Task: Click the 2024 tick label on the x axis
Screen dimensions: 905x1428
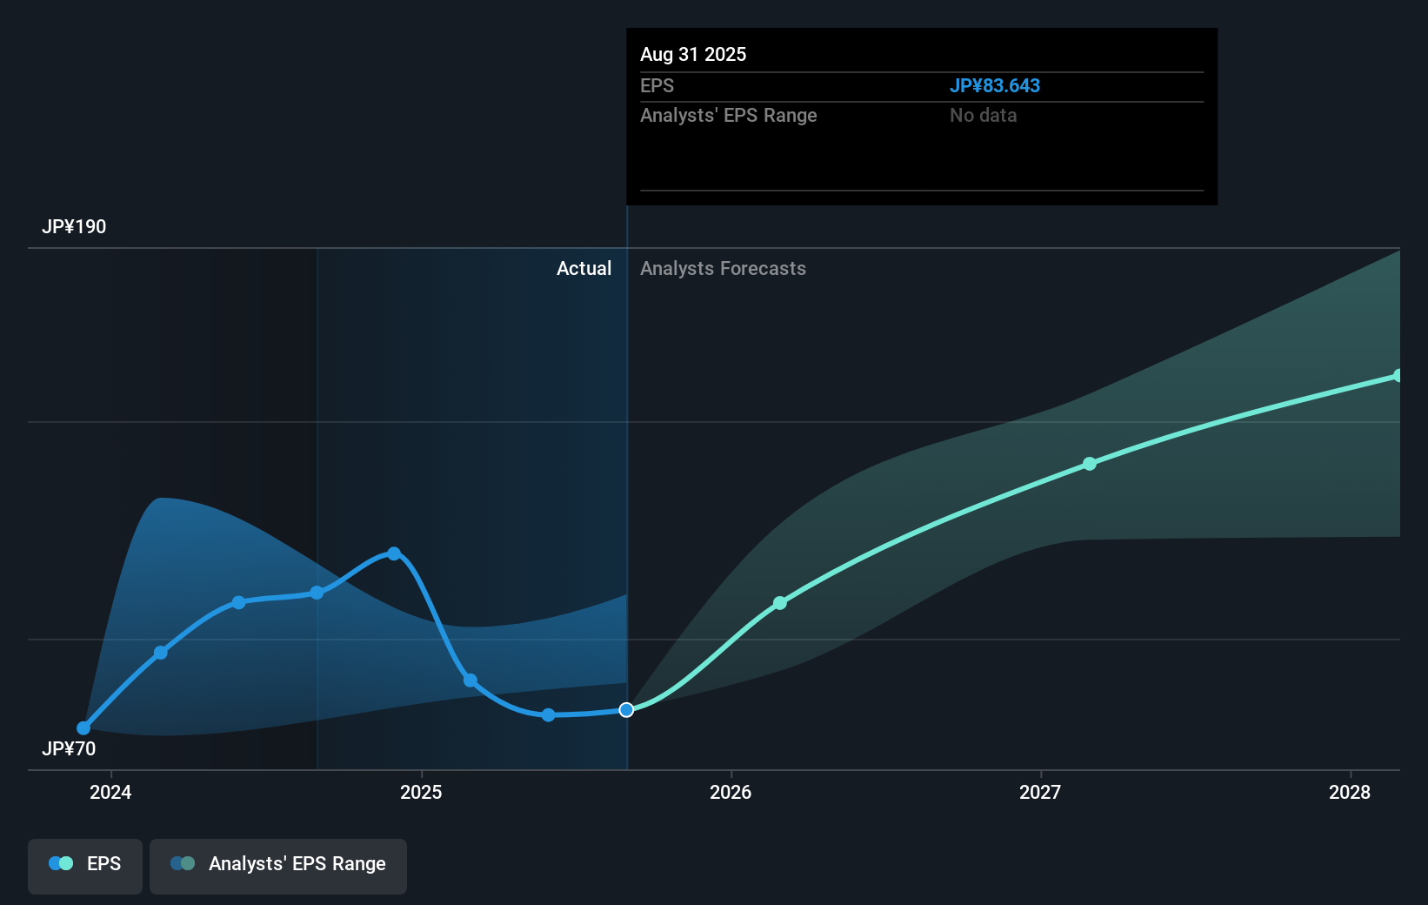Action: (110, 792)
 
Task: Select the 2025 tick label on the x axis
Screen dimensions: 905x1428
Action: (421, 792)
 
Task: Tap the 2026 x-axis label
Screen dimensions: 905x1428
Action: (731, 792)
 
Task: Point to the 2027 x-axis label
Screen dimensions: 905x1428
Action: (1040, 792)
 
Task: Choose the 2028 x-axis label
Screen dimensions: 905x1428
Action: (1350, 792)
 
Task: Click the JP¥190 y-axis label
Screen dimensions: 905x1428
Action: (74, 227)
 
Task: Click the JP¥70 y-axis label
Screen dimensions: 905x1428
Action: (69, 749)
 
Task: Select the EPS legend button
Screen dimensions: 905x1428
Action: (85, 864)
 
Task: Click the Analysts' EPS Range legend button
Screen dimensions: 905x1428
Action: (278, 864)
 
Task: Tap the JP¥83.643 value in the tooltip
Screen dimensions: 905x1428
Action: (994, 86)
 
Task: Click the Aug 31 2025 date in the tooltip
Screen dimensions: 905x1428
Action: (693, 54)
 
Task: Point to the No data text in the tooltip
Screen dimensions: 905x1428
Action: (983, 116)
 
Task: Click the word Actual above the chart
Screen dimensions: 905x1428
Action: (584, 269)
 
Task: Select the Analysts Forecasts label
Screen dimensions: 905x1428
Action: (723, 269)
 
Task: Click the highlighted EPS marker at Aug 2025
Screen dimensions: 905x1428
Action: (626, 710)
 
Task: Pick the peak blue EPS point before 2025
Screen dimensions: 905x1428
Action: (394, 553)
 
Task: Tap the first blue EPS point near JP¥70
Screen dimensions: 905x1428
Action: (83, 728)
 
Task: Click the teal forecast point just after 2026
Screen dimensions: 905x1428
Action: (780, 603)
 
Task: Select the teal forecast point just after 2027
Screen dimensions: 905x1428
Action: (1090, 464)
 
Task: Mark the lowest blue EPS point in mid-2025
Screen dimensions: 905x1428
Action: (549, 715)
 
